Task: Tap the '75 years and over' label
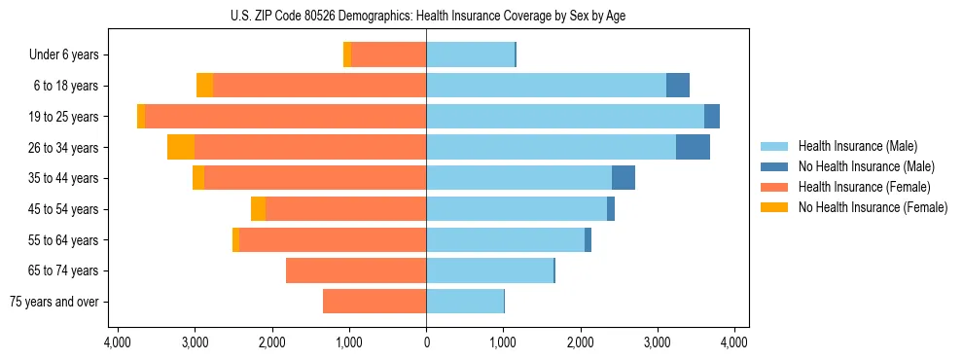54,302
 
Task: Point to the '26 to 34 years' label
65,148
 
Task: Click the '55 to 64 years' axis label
65,240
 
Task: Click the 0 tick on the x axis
426,342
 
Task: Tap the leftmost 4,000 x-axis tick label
118,342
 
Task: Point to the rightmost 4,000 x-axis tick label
734,342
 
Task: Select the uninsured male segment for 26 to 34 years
693,148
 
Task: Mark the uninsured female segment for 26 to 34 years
181,148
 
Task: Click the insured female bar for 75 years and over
374,302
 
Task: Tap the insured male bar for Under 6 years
470,55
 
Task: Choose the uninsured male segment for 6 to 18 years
678,86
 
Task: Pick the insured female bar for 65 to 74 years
356,270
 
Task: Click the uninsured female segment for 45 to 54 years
258,209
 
